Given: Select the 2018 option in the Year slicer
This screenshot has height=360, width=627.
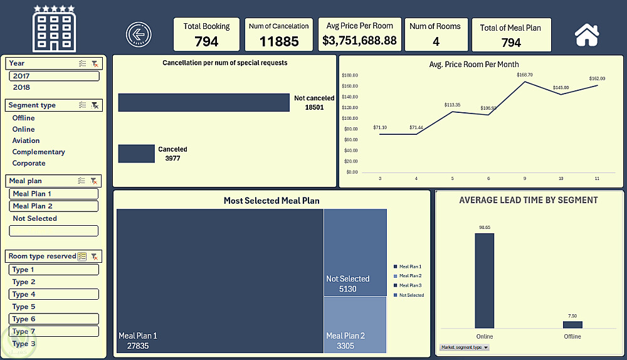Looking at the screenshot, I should (21, 87).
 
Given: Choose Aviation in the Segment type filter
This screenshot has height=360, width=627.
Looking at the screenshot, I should (26, 140).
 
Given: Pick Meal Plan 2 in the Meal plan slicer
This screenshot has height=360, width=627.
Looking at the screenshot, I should (33, 206).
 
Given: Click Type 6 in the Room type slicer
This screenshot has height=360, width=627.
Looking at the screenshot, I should (24, 319).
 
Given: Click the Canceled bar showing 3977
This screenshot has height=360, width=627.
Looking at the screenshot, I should (136, 154).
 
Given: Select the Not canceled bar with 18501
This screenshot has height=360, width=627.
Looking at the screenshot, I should (203, 103).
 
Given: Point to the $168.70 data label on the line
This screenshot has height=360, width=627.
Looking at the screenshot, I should (524, 75).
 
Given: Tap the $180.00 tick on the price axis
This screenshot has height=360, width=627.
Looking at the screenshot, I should (350, 75).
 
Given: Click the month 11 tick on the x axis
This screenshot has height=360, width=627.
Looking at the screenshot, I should (596, 179).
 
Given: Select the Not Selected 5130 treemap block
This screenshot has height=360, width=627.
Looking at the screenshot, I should (355, 252).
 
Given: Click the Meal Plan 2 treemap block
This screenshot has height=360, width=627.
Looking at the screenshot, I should (355, 324).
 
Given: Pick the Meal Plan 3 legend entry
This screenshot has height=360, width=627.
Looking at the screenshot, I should (409, 285).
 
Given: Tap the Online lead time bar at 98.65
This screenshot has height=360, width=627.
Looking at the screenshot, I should (484, 280).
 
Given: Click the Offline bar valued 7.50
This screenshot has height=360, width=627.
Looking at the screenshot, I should (572, 324).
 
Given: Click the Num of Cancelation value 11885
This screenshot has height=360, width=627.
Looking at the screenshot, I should (278, 41).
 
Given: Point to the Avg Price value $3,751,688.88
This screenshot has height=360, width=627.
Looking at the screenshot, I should (359, 40).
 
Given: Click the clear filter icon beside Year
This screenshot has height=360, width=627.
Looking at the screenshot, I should (95, 63).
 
